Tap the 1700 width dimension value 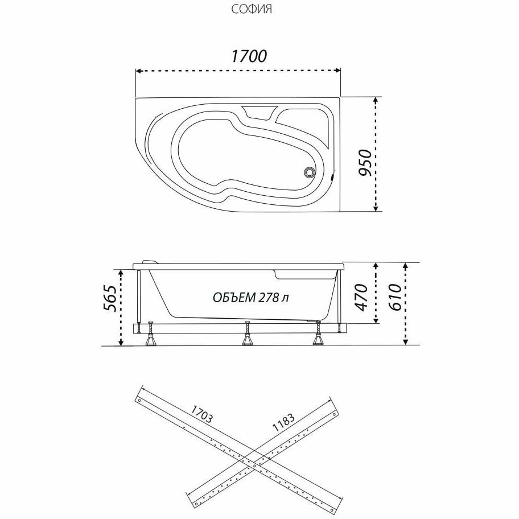249,56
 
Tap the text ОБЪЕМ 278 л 254,298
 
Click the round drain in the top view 309,172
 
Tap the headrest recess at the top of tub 259,113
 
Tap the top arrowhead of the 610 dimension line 405,265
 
